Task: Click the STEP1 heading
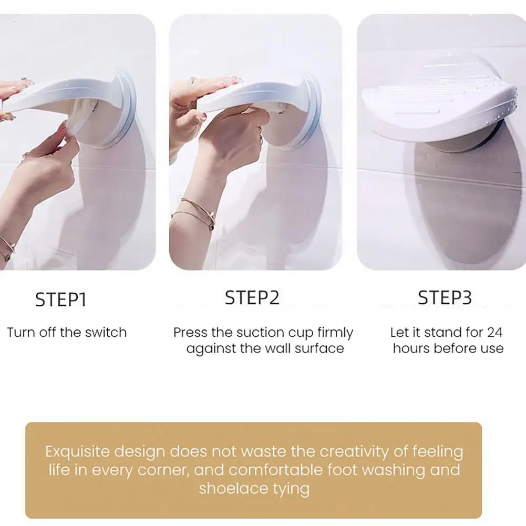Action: coord(60,300)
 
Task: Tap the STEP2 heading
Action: coord(252,298)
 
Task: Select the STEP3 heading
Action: coord(445,298)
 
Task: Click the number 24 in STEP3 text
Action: coord(494,332)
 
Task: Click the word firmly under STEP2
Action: coord(336,332)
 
